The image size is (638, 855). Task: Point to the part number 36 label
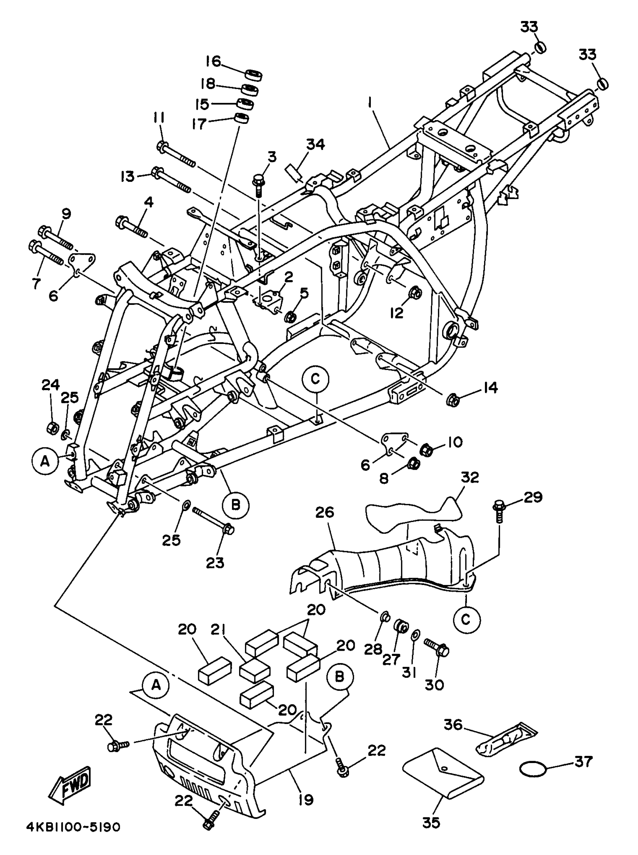(x=453, y=725)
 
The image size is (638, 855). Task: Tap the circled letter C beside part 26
(x=466, y=620)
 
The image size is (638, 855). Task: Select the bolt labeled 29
(x=499, y=510)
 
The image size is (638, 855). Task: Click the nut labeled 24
(x=52, y=428)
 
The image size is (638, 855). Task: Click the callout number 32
(x=469, y=477)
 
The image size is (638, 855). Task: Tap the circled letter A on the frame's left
(x=45, y=460)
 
